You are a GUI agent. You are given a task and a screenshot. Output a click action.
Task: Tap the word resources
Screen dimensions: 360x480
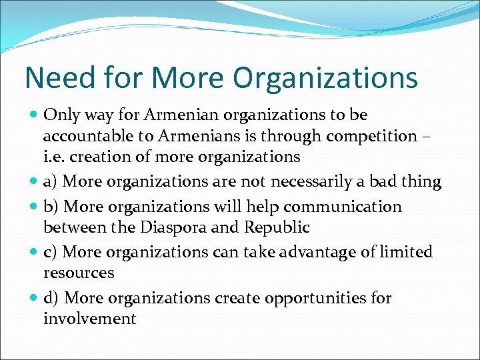(79, 273)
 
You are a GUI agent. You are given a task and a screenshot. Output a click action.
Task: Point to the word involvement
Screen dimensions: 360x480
(89, 319)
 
